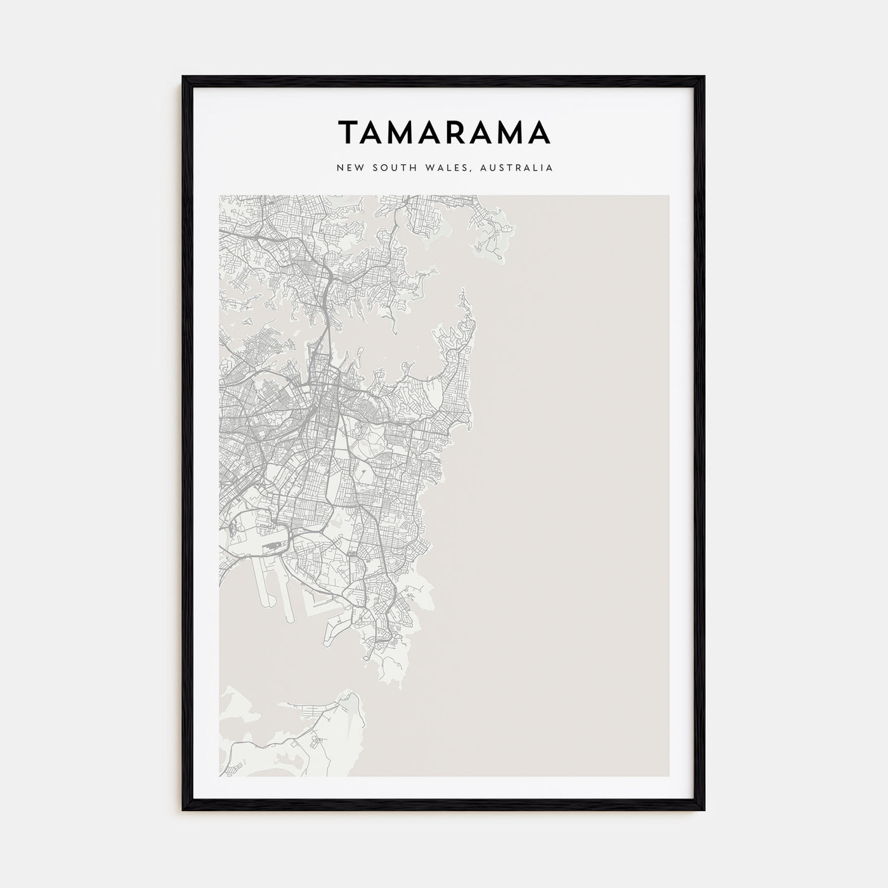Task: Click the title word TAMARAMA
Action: pos(444,133)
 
